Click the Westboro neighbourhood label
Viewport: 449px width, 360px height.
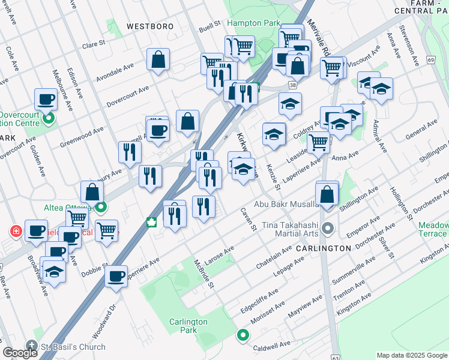(x=149, y=26)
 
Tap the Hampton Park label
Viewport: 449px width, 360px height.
(x=254, y=23)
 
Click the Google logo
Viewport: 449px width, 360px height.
(x=20, y=353)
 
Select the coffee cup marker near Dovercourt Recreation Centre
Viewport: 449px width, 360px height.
(x=46, y=100)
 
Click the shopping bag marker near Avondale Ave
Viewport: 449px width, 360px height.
(x=158, y=60)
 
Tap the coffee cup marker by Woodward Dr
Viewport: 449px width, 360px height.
(x=116, y=277)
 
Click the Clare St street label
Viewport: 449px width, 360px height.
(x=94, y=44)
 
